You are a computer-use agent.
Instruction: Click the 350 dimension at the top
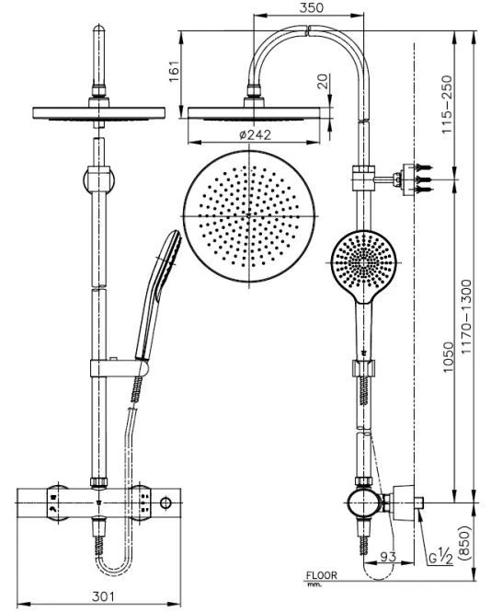[x=311, y=8]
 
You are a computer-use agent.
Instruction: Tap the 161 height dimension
[x=175, y=71]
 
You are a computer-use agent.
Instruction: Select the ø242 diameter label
[x=255, y=135]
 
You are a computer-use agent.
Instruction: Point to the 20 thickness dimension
[x=324, y=81]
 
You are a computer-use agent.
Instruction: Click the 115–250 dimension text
[x=447, y=104]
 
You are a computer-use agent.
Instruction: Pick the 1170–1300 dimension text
[x=466, y=317]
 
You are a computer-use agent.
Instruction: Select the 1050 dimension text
[x=449, y=357]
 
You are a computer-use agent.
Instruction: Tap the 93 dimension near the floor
[x=388, y=557]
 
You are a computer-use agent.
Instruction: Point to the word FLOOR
[x=321, y=574]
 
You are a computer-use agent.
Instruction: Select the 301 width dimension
[x=103, y=596]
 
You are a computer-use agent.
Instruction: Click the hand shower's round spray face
[x=363, y=262]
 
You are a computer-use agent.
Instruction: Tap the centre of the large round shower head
[x=249, y=216]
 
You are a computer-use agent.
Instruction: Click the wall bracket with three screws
[x=415, y=179]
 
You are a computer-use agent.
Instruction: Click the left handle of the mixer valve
[x=58, y=502]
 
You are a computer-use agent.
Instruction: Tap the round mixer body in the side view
[x=363, y=502]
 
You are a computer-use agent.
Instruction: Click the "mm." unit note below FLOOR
[x=313, y=584]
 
